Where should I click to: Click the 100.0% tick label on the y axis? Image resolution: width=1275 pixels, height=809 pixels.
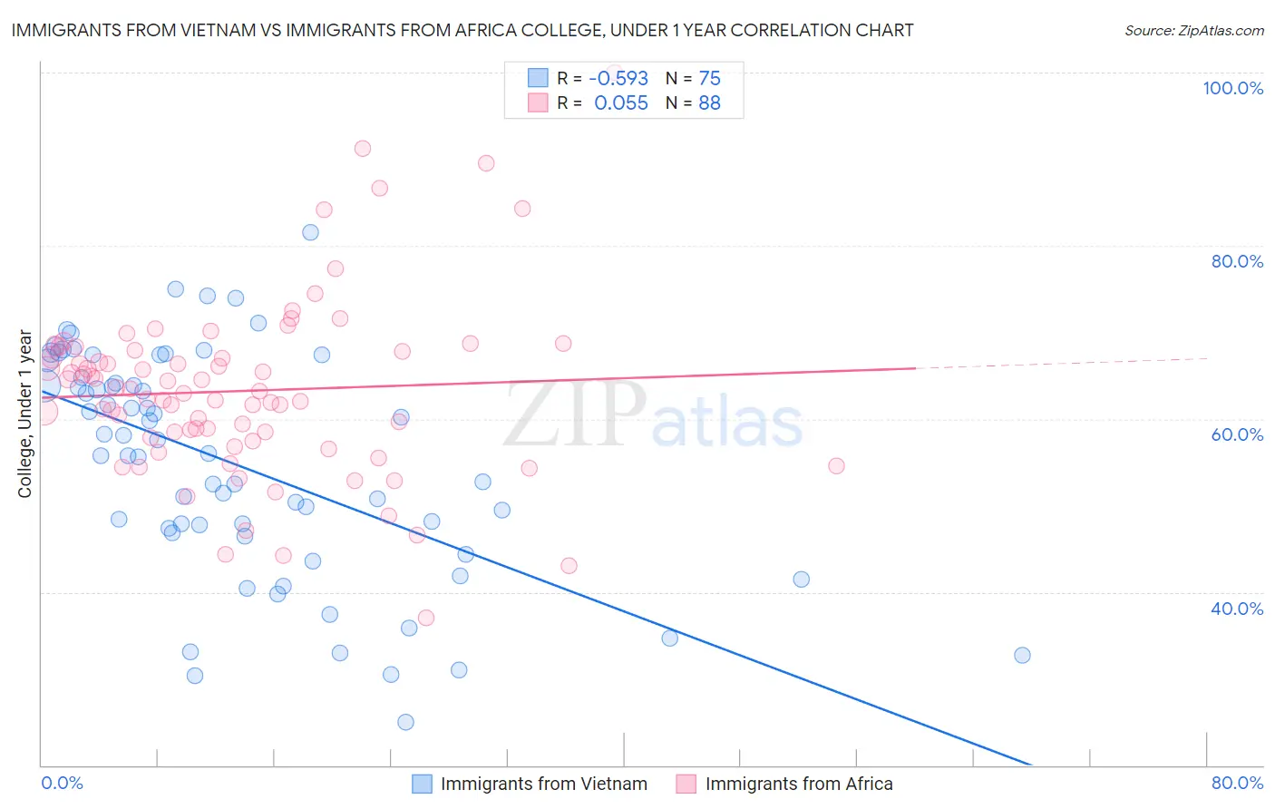click(1232, 88)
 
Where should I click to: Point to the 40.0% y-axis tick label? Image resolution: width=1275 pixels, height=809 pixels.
click(1237, 608)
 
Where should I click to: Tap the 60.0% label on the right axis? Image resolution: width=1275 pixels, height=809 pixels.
click(1237, 434)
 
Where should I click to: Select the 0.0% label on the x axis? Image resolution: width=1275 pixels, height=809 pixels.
click(62, 783)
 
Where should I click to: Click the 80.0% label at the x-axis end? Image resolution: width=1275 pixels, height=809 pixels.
click(1237, 783)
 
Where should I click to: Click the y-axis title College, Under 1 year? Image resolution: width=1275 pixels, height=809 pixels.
click(25, 414)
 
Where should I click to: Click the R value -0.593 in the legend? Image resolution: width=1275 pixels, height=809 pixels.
click(618, 79)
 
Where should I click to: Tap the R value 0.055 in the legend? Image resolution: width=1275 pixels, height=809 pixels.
click(621, 103)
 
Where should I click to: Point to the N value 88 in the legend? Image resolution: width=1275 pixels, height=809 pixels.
click(709, 103)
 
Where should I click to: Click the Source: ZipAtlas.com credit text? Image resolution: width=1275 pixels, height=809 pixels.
click(1193, 31)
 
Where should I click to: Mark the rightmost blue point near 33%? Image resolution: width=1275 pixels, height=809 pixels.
click(1022, 655)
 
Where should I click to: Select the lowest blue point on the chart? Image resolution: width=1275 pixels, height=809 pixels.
click(405, 722)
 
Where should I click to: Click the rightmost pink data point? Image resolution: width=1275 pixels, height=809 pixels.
click(836, 466)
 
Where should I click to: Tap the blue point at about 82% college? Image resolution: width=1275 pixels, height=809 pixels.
click(310, 232)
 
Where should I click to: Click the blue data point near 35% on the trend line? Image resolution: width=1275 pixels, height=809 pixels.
click(669, 638)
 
